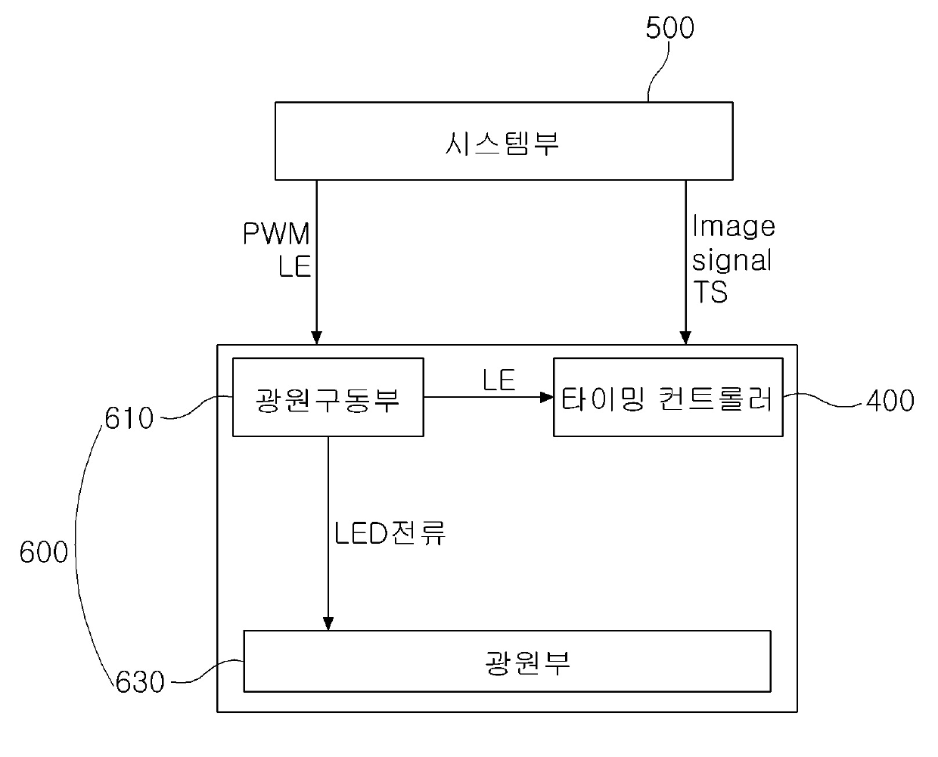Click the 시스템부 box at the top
(503, 141)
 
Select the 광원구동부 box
(328, 397)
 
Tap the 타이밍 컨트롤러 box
(668, 398)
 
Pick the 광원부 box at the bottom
(507, 661)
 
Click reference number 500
(669, 29)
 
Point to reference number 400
(889, 400)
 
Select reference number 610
(129, 417)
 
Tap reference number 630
(140, 681)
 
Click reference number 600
(44, 553)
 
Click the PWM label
(276, 234)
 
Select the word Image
(734, 226)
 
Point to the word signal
(732, 260)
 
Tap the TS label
(710, 292)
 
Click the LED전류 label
(390, 533)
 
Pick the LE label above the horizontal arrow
(499, 380)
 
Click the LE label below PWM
(295, 266)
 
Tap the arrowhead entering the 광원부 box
(328, 623)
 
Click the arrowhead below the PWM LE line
(317, 337)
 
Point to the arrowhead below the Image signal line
(685, 337)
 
